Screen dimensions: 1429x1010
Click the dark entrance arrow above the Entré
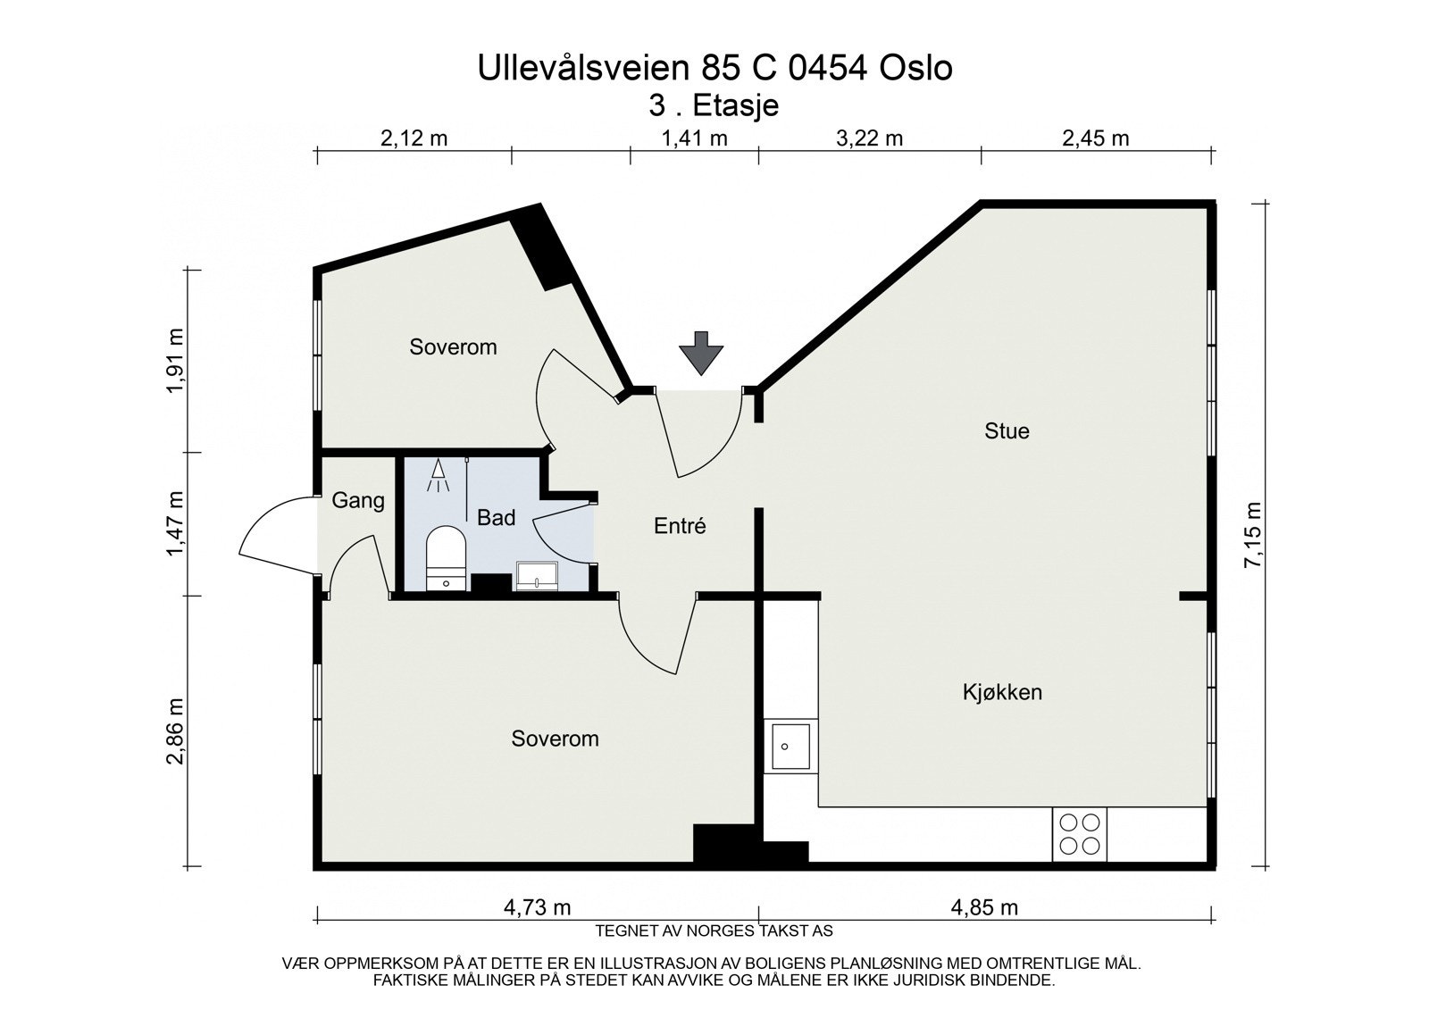pos(700,353)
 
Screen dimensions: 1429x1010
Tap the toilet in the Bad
pos(446,557)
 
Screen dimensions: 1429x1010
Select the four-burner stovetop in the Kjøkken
pos(1080,834)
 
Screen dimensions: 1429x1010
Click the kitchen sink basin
pos(790,746)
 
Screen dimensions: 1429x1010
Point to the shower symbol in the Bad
pos(438,475)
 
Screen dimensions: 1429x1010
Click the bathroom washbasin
pos(537,575)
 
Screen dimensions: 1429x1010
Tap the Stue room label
pos(1007,430)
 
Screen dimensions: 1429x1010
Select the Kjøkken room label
pos(1002,692)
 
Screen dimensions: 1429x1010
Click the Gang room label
pos(358,501)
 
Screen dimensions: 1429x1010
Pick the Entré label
pos(680,526)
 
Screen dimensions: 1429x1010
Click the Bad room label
pos(496,517)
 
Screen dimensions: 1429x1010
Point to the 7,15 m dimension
pos(1253,535)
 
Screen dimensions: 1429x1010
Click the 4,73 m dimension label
pos(537,906)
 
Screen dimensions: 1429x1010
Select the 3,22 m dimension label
pos(870,138)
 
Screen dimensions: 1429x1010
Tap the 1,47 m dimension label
pos(175,523)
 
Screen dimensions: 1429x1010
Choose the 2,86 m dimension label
pos(175,730)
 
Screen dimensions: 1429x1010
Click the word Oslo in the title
pos(916,68)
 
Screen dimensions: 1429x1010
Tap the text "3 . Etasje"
pos(714,105)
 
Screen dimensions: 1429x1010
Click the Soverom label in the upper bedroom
pos(453,347)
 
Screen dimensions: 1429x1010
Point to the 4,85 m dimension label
pos(984,906)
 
